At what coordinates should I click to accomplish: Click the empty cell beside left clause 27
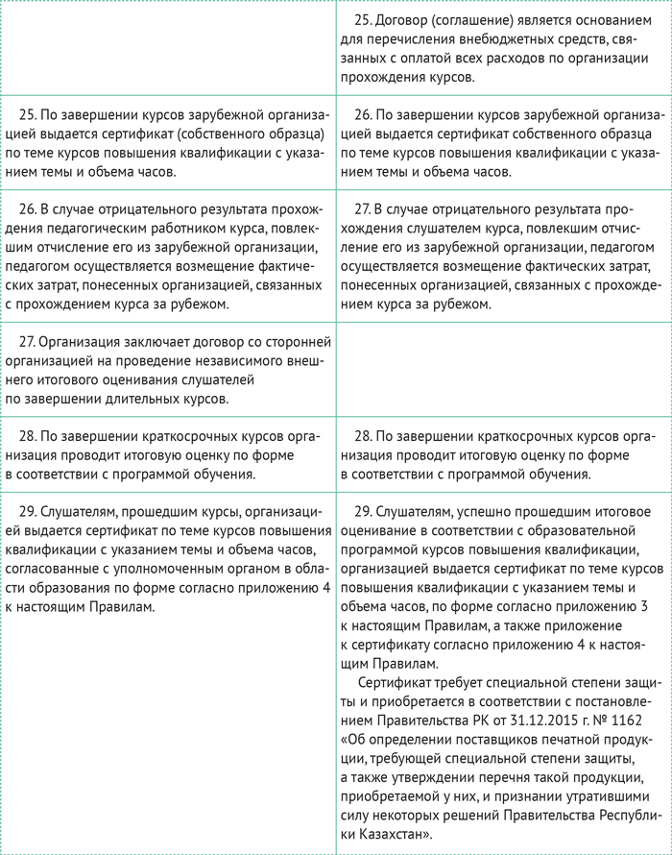[x=503, y=369]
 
